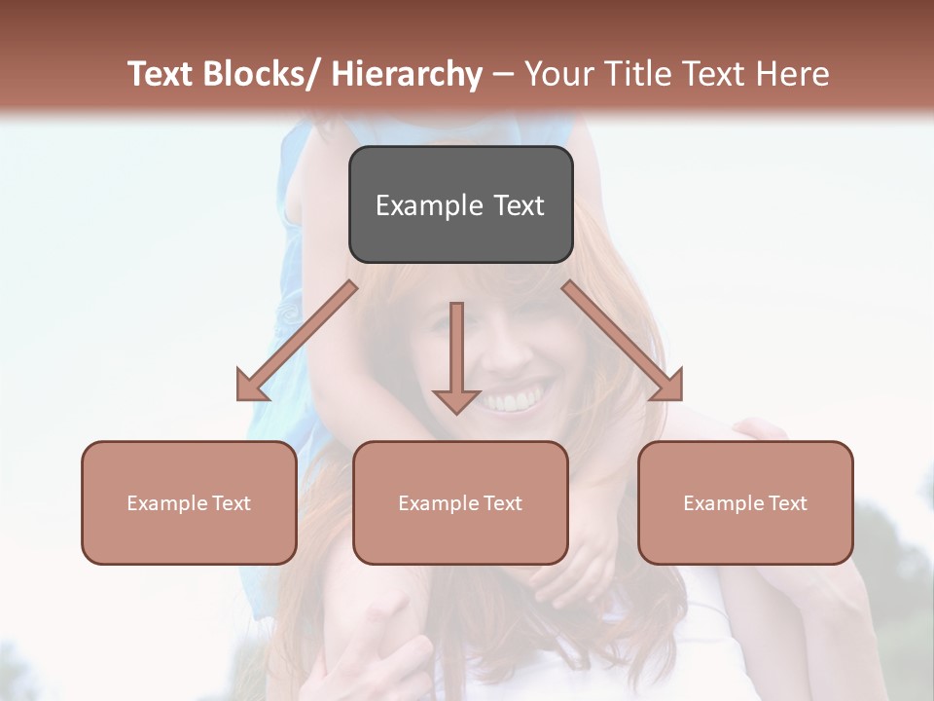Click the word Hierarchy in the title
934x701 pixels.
406,75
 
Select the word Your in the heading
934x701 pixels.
559,75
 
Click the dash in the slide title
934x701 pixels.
503,76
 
